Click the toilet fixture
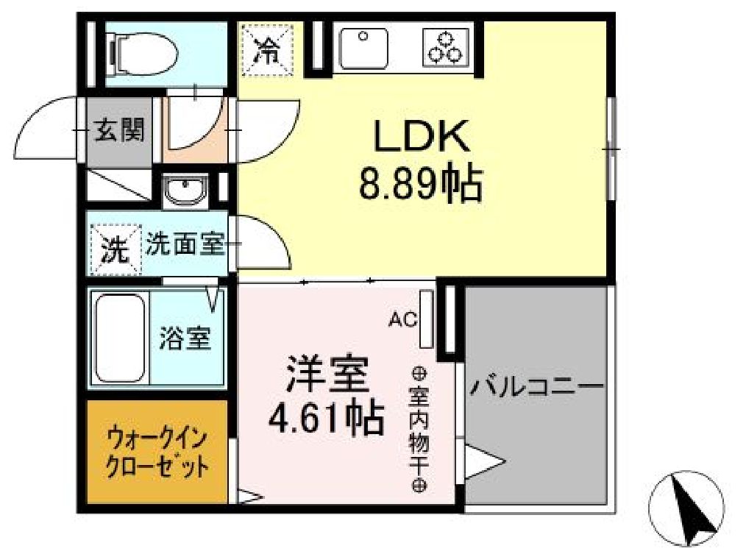point(143,53)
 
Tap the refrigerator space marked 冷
point(268,50)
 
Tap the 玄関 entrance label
point(118,132)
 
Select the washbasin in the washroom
point(185,191)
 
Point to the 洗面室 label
point(185,244)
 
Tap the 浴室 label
point(185,338)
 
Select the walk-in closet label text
point(156,452)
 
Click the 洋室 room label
point(327,376)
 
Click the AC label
point(403,319)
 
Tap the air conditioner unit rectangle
point(426,319)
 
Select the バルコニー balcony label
point(537,386)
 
